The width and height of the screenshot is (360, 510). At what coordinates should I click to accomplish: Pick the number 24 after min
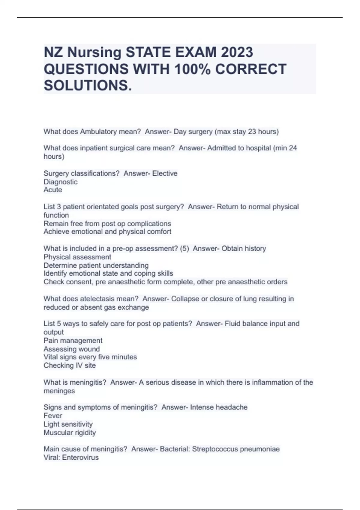[x=293, y=148]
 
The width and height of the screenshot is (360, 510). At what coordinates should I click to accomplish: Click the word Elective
[x=165, y=173]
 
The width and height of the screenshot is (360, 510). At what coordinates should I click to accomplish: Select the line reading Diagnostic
[x=61, y=182]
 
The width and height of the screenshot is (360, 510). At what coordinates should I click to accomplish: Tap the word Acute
[x=53, y=190]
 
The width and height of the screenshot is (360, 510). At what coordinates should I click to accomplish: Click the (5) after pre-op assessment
[x=184, y=249]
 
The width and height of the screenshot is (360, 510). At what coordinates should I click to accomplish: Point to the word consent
[x=80, y=282]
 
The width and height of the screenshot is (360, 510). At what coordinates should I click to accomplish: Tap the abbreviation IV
[x=79, y=365]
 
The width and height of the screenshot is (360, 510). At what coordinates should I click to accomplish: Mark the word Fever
[x=53, y=416]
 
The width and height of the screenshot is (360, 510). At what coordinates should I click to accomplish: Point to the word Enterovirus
[x=80, y=457]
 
